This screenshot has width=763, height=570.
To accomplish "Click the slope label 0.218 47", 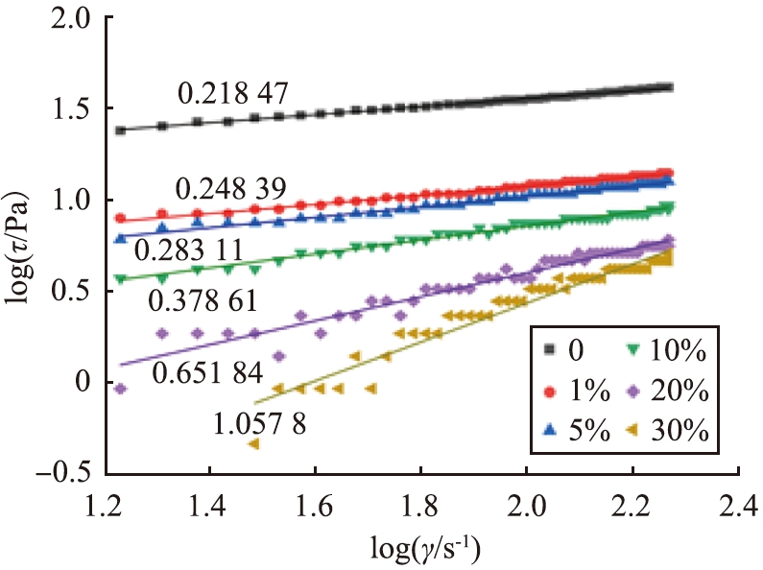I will pos(233,93).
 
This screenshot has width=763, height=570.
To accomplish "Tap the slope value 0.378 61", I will pos(203,301).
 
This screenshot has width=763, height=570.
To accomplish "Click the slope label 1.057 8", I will pos(254,418).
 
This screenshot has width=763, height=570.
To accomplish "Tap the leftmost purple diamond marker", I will pos(120,389).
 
